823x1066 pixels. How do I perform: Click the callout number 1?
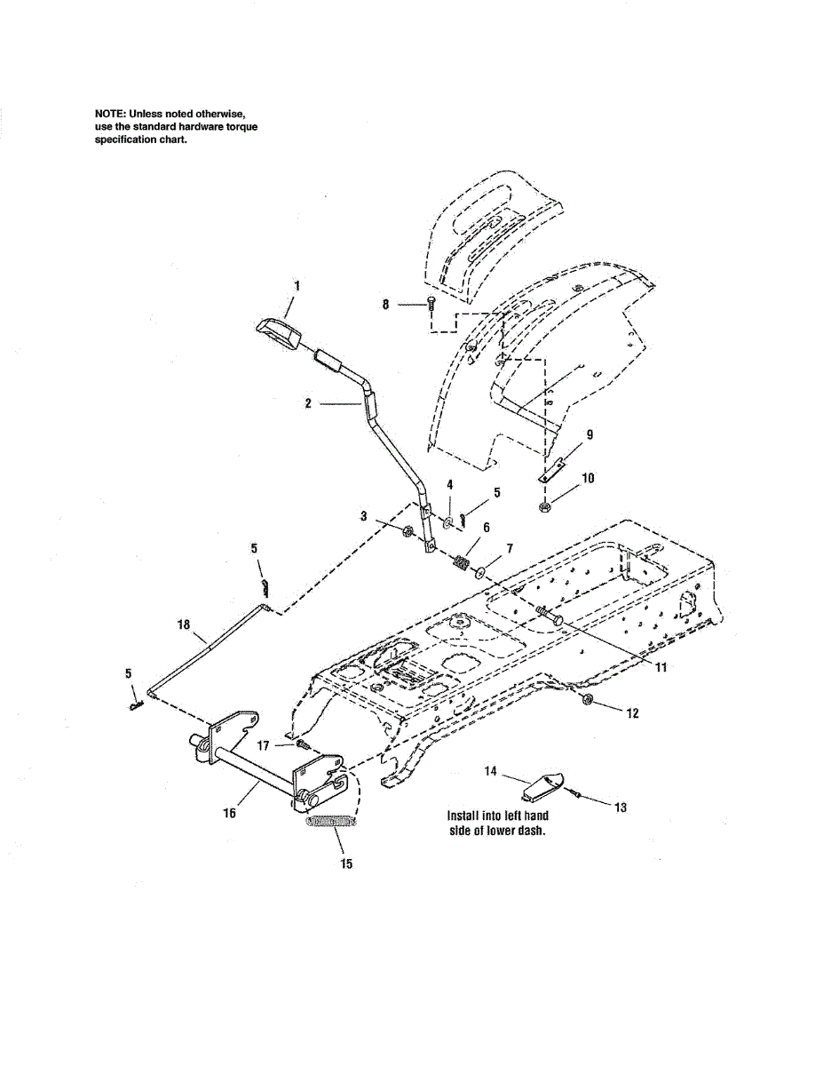(x=297, y=286)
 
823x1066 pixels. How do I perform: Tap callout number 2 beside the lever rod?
(x=307, y=403)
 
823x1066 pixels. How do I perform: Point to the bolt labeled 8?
(x=431, y=305)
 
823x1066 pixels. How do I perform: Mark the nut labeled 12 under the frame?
(x=588, y=702)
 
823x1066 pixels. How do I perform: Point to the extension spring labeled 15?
(x=330, y=823)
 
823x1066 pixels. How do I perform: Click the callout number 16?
(x=230, y=812)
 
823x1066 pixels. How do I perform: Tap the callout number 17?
(x=263, y=746)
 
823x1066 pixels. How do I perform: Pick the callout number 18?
(x=184, y=625)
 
